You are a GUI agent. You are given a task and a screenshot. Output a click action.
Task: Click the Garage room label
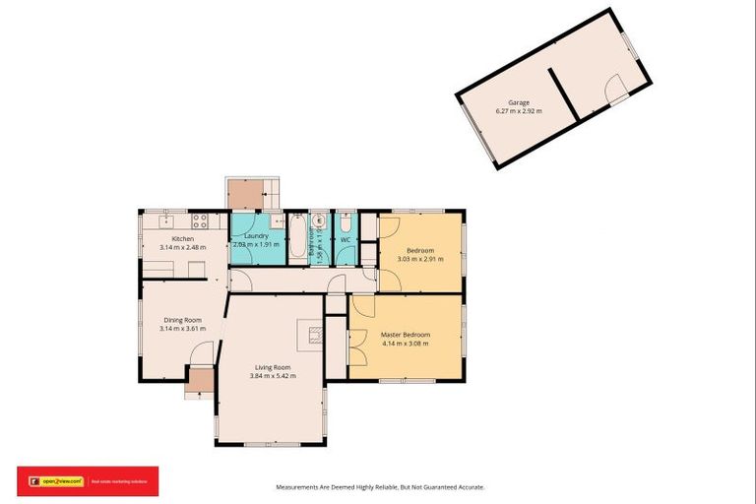(519, 102)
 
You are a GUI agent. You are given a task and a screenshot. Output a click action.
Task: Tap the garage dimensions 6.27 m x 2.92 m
(519, 111)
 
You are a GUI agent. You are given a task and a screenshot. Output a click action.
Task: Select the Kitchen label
(183, 239)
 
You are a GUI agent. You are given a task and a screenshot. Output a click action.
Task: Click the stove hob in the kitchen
(198, 220)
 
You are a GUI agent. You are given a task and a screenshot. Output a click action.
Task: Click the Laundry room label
(257, 236)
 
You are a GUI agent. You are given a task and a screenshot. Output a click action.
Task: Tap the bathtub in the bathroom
(297, 237)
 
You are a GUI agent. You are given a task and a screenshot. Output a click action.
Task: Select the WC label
(346, 239)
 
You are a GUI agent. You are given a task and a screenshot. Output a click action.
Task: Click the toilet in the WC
(346, 221)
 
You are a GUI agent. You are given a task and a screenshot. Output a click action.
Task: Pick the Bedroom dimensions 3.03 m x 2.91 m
(420, 259)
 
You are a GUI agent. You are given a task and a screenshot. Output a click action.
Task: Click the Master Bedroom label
(406, 335)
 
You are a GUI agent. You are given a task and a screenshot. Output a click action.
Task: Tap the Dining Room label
(182, 320)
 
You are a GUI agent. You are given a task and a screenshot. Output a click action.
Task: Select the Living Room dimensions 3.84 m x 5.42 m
(273, 376)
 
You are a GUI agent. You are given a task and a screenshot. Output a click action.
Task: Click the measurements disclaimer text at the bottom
(378, 486)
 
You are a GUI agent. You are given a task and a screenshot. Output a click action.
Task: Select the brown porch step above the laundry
(244, 194)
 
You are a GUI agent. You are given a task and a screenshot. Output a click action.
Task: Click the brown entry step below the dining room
(200, 381)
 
